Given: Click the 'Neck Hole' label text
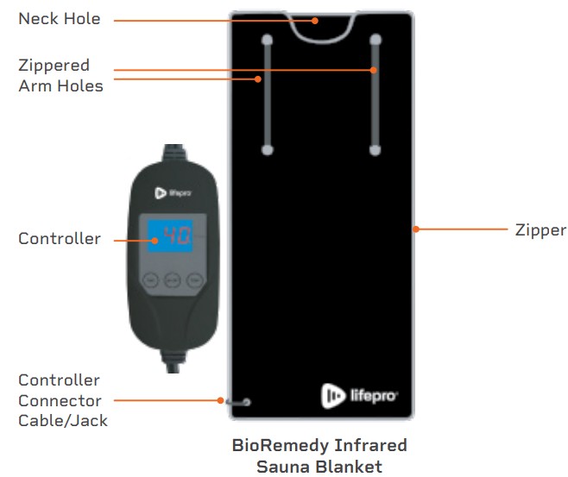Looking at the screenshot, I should point(59,18).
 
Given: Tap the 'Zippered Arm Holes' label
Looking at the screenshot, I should point(60,76).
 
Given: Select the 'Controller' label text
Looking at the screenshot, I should point(60,239).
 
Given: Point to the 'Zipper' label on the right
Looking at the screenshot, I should point(540,230).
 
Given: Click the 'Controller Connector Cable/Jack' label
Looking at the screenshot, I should point(60,400).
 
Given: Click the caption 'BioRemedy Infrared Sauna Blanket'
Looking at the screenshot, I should point(319,455).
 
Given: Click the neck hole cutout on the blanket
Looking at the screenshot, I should point(321,26).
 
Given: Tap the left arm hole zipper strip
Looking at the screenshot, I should point(268,95).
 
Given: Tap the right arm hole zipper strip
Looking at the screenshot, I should point(376,95).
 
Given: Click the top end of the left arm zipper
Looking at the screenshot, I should point(268,39).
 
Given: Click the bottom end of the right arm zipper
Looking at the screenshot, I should point(376,149).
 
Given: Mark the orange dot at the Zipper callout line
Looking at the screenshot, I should point(415,229).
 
